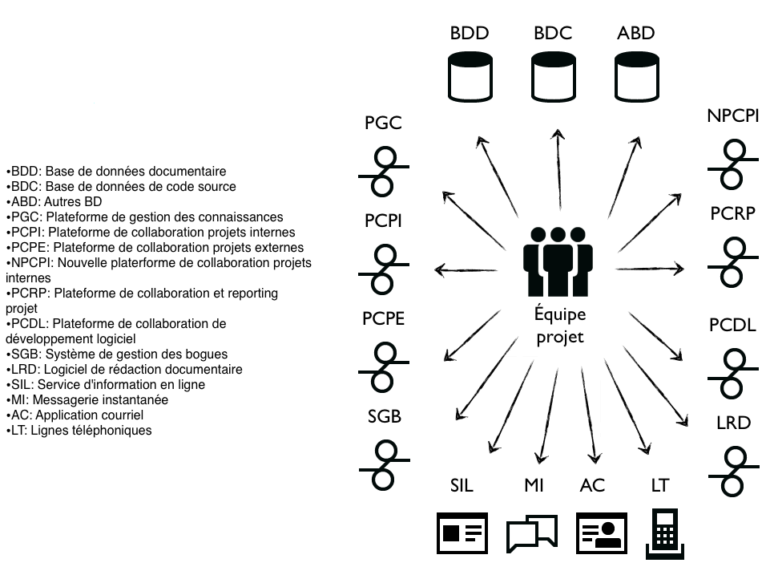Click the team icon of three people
point(558,260)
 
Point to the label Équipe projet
point(560,326)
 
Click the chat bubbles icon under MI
point(531,533)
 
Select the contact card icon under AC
point(599,533)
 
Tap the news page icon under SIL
point(462,533)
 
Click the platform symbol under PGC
point(384,170)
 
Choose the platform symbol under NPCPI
point(732,164)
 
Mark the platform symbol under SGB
point(384,464)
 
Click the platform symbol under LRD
point(732,472)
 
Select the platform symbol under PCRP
point(732,261)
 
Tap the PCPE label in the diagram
point(383,318)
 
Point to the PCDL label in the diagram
point(732,326)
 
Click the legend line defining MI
point(87,399)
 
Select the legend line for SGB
point(116,354)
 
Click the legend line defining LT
point(79,430)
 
